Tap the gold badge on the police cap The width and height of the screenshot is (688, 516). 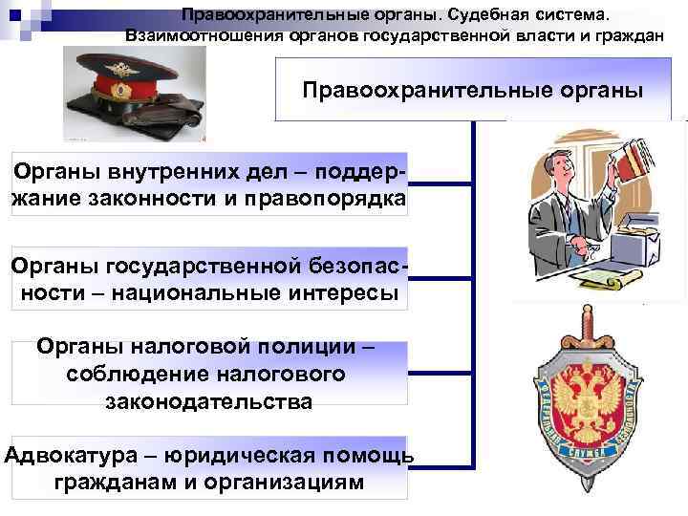[121, 89]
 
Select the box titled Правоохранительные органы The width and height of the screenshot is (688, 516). [472, 91]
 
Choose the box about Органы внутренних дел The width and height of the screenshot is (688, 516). [209, 183]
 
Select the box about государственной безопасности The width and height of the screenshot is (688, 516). [209, 277]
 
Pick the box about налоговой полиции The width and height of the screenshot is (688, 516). [209, 373]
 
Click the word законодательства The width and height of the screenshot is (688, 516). [209, 401]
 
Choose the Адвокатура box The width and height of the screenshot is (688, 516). [209, 467]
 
